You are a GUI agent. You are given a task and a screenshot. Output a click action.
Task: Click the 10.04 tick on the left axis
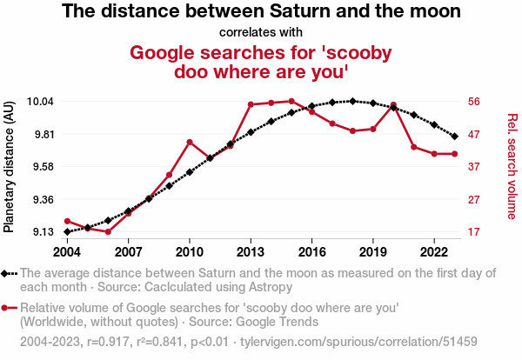(40, 101)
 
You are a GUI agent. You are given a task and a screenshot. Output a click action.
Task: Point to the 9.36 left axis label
(43, 200)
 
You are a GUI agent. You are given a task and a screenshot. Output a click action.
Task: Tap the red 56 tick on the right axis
(474, 101)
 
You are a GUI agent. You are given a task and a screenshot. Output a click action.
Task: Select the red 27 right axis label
(474, 200)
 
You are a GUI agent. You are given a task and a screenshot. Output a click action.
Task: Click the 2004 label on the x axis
(67, 252)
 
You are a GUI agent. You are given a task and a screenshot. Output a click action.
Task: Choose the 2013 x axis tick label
(251, 252)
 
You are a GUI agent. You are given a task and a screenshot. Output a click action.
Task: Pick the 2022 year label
(434, 252)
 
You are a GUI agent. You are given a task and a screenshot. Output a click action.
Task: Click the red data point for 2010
(190, 143)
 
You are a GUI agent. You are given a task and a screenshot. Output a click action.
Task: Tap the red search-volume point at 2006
(108, 231)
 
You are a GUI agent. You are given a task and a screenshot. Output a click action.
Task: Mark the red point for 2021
(414, 147)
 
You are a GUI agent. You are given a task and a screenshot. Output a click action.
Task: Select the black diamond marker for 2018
(353, 101)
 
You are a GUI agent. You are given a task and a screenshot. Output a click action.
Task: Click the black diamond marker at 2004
(67, 231)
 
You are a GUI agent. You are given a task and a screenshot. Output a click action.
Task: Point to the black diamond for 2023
(455, 136)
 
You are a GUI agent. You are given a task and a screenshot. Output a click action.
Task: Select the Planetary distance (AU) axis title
(9, 167)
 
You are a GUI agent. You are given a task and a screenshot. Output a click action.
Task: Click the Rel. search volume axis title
(512, 166)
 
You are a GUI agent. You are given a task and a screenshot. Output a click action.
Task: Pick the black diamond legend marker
(4, 274)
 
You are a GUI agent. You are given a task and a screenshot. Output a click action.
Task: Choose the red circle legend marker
(4, 308)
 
